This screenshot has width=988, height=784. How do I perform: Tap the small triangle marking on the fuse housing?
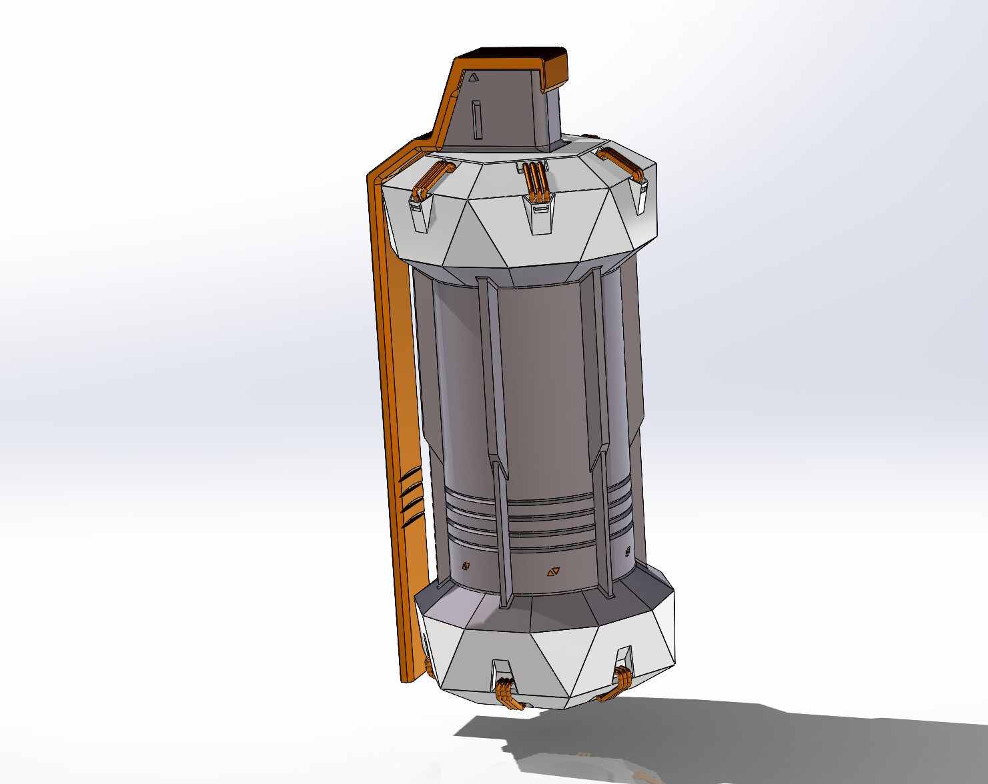[x=473, y=77]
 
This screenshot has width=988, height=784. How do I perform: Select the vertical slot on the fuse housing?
[x=476, y=120]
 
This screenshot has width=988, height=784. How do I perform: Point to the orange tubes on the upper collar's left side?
[x=430, y=179]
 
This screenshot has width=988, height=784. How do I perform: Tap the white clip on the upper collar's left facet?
[x=418, y=215]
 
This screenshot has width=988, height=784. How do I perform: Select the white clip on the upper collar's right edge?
[x=642, y=197]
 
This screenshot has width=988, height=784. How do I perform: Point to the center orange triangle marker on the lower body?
[x=553, y=572]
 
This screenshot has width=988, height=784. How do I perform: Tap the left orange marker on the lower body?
[x=466, y=566]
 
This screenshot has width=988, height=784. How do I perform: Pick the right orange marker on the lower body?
[x=627, y=551]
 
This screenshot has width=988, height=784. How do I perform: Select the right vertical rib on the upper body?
[x=592, y=360]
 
